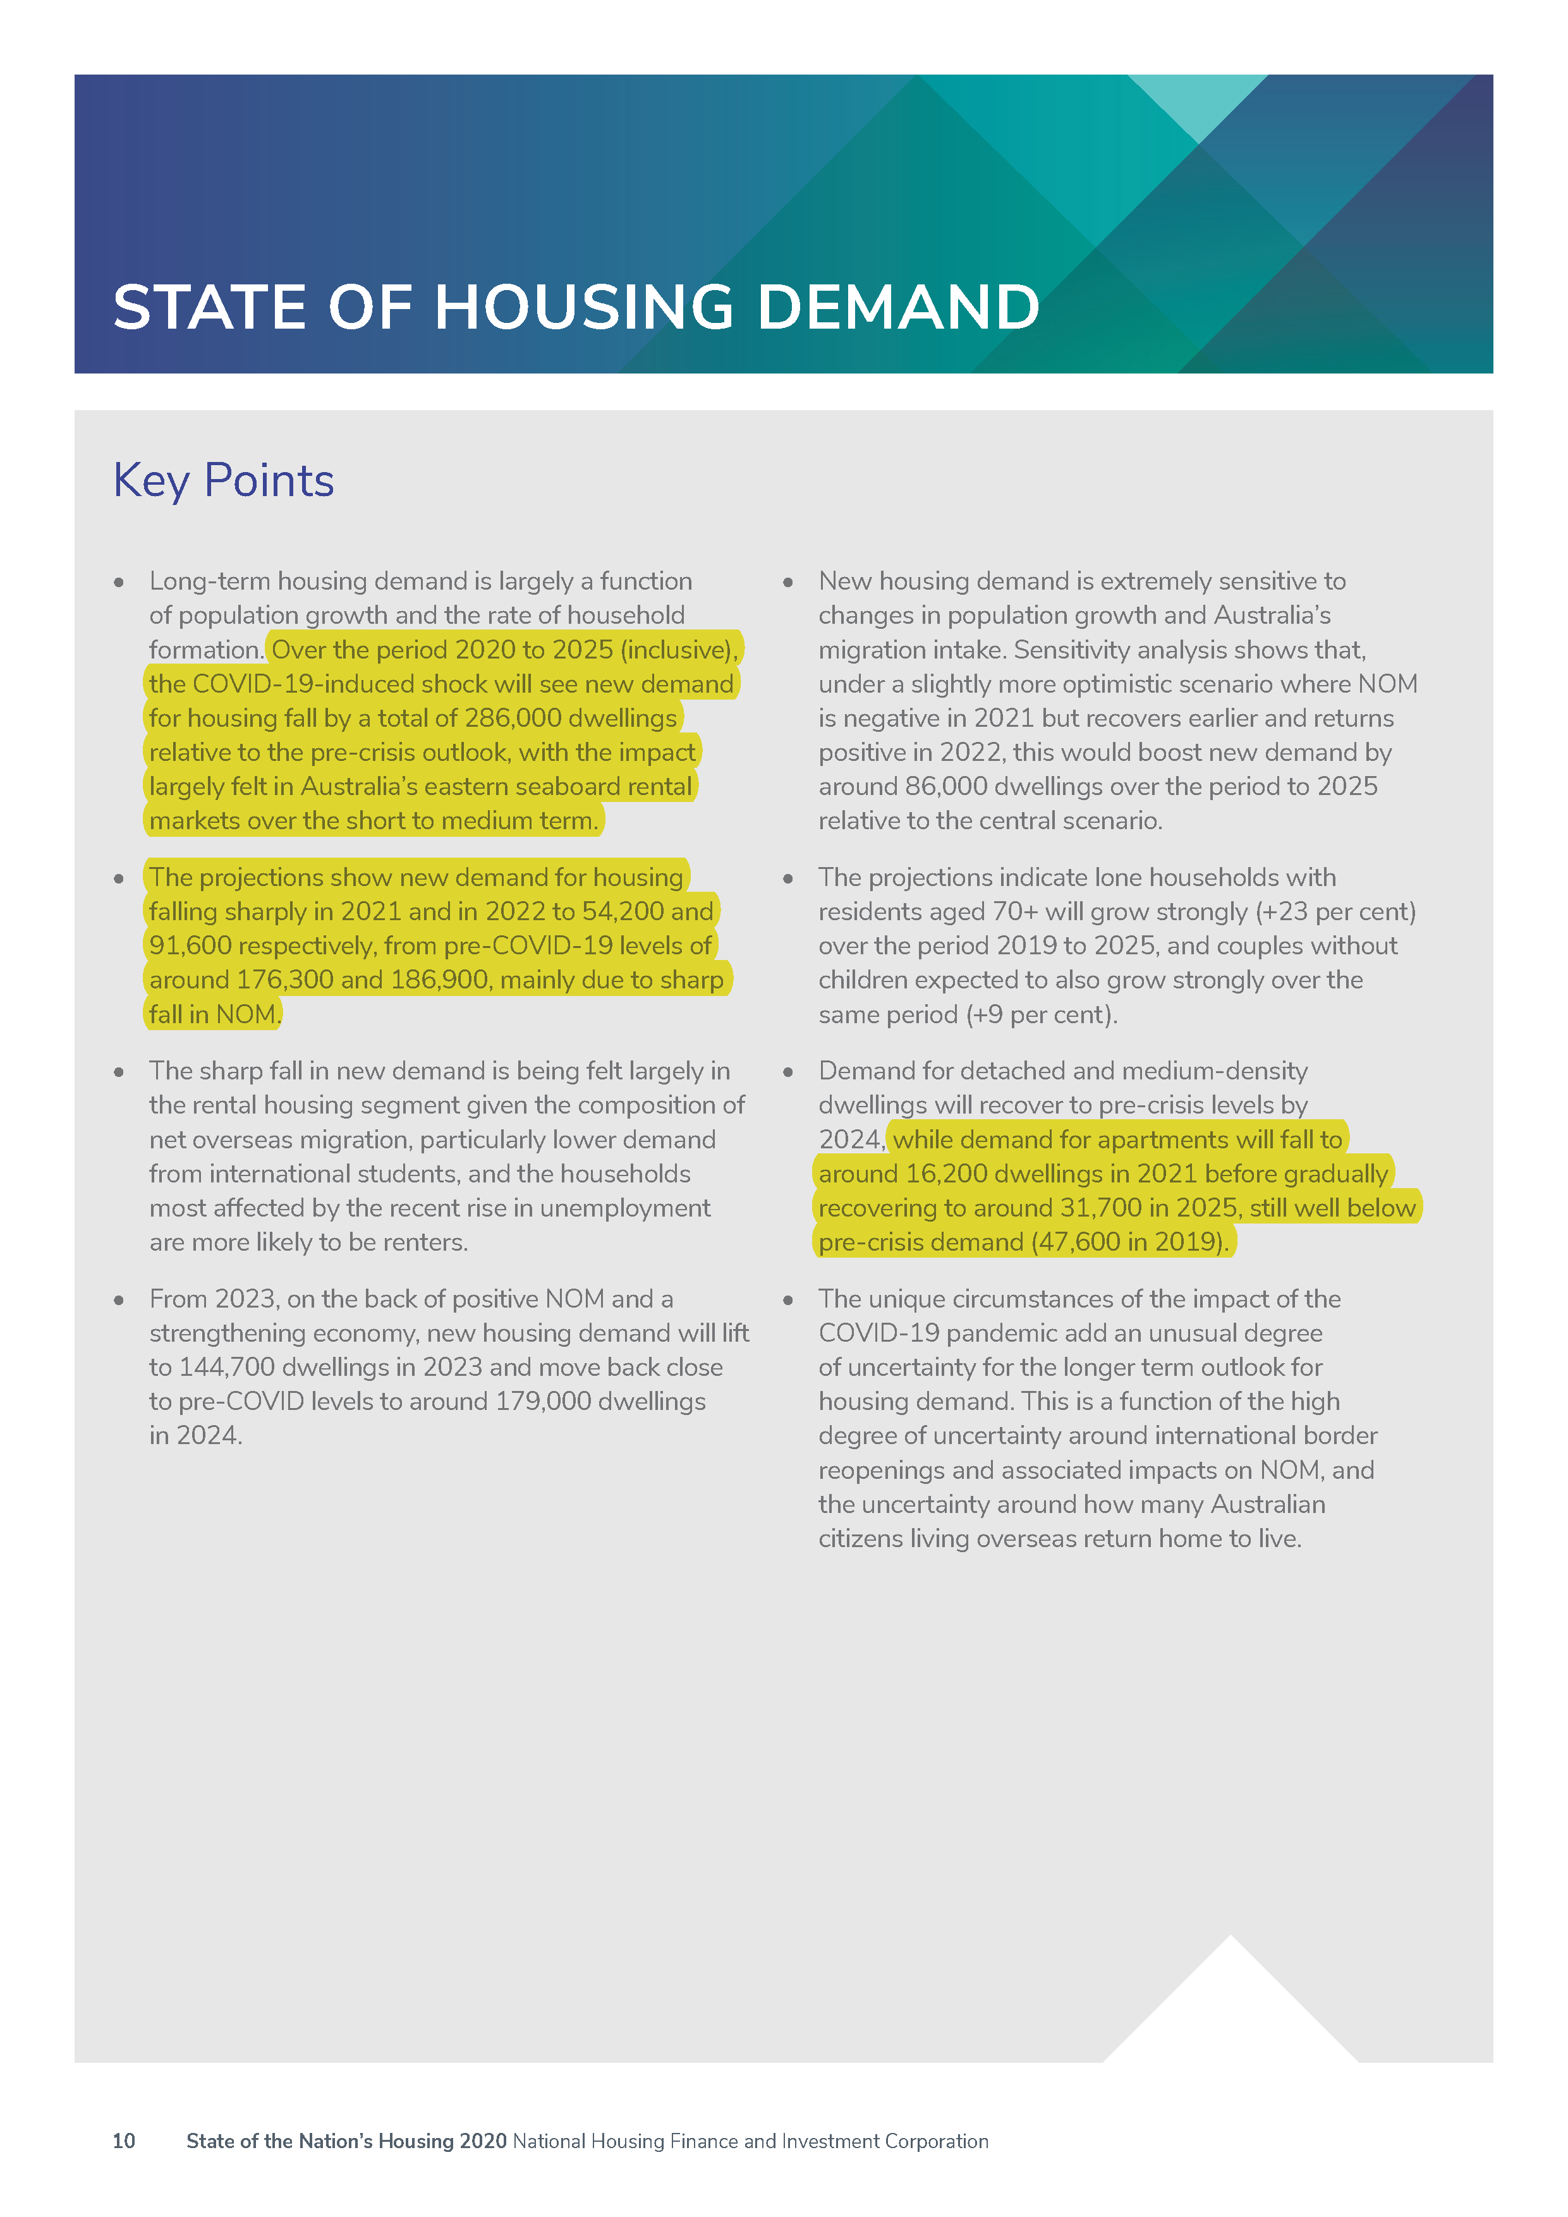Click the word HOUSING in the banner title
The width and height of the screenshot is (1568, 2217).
(583, 307)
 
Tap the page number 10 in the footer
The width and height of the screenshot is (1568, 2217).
(124, 2141)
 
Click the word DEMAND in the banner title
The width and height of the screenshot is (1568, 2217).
(898, 307)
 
